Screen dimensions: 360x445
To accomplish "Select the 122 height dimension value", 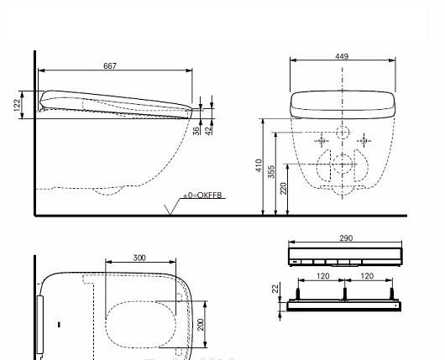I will point(17,104).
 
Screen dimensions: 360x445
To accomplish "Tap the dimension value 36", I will point(196,130).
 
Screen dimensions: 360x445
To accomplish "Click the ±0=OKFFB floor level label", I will point(205,196).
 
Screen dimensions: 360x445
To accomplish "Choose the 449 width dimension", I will point(342,57).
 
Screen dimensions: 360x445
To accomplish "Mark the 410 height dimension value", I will point(259,166).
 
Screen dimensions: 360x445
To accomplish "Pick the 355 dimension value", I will point(271,171).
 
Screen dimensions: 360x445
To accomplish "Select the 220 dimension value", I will point(285,187).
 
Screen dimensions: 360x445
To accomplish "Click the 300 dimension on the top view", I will point(139,258).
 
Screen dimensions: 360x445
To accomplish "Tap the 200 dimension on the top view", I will point(201,323).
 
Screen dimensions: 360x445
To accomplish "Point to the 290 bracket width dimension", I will point(346,238).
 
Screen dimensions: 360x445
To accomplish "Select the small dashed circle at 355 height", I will point(343,133).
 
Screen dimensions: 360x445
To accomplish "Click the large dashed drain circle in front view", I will point(343,164).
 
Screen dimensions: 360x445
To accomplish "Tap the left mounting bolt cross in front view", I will point(321,142).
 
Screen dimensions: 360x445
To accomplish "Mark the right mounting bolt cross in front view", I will point(364,142).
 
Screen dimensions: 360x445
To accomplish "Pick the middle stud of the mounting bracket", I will point(344,294).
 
